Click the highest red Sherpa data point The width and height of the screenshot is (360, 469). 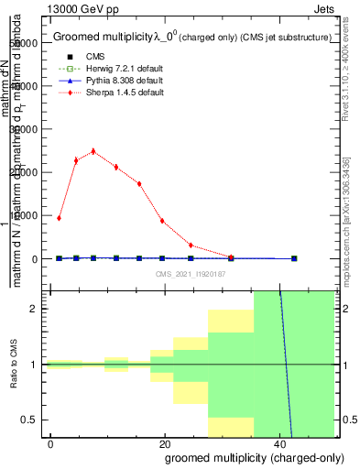[x=93, y=151]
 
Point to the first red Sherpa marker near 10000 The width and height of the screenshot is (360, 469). [x=59, y=218]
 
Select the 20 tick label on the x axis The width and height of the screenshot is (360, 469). [x=165, y=443]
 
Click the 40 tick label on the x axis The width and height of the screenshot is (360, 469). [x=279, y=443]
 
